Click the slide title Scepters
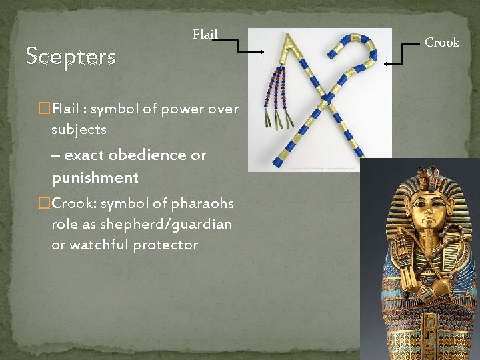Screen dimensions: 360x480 tap(71, 57)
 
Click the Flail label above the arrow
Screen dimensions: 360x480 tap(205, 34)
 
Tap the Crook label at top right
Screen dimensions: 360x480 tap(442, 43)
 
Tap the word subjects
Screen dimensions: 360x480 tap(79, 129)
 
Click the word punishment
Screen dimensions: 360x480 tap(95, 178)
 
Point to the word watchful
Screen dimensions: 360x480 tap(97, 245)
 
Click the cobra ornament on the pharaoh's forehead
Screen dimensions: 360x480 tap(429, 180)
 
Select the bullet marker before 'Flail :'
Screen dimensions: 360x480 tap(45, 108)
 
